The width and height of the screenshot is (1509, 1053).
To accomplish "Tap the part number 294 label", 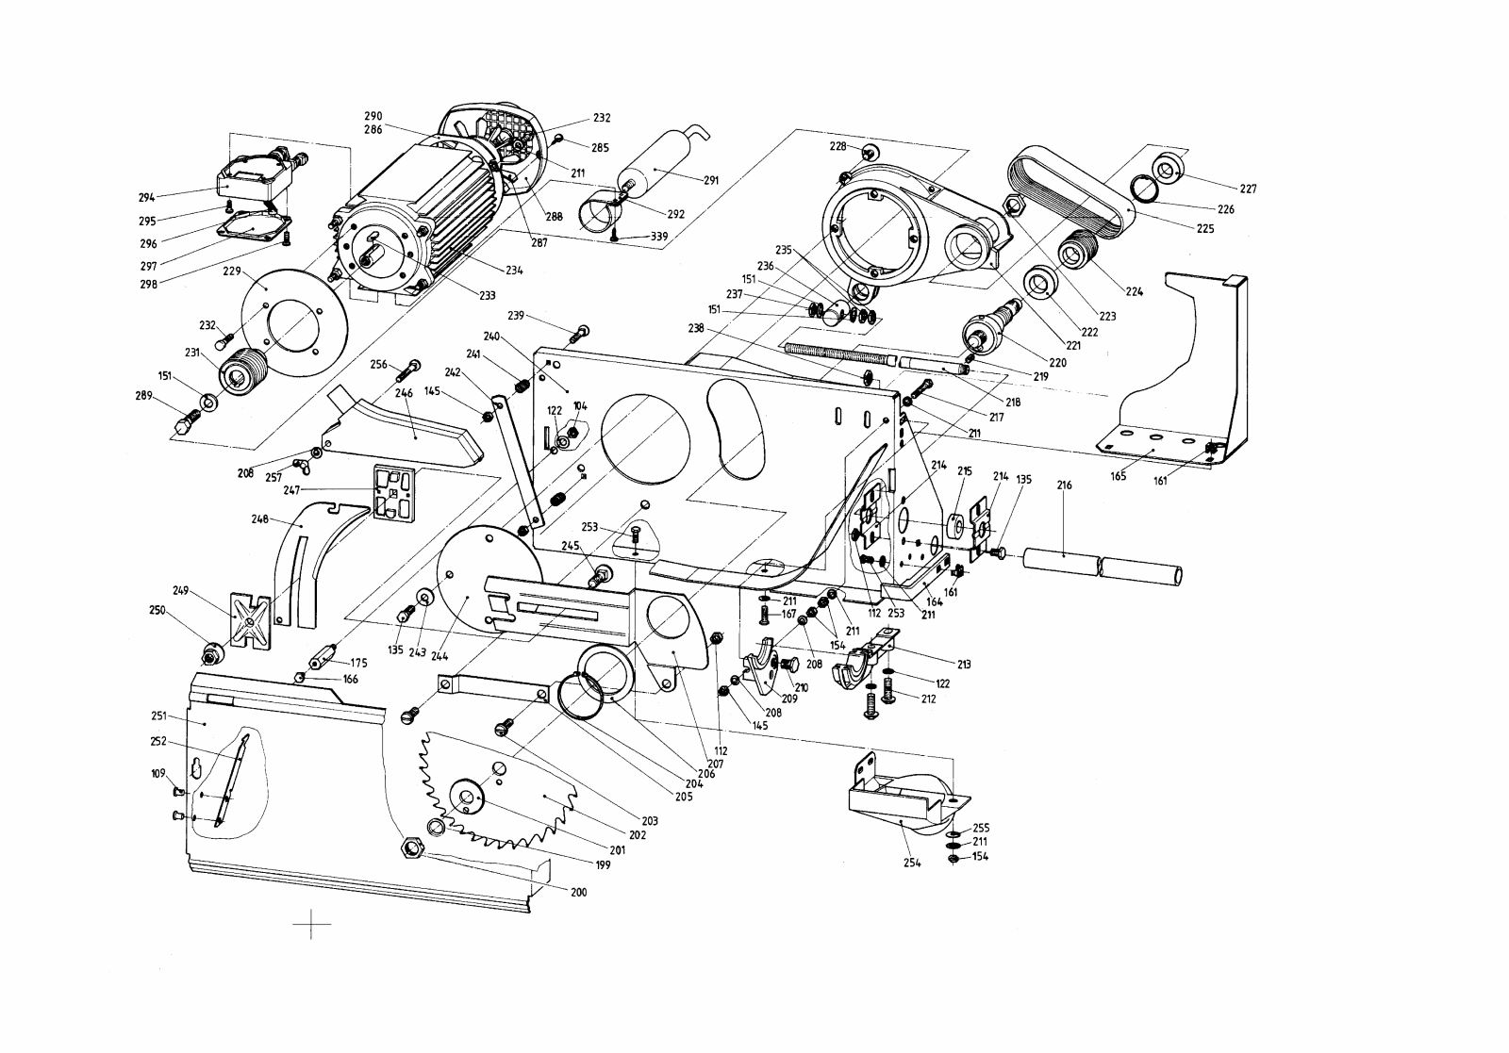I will pos(146,198).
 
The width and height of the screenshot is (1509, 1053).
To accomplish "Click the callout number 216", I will pos(1065,485).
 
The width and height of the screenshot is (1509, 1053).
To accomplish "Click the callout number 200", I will pos(578,892).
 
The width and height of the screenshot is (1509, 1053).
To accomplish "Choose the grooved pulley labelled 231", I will pos(243,372).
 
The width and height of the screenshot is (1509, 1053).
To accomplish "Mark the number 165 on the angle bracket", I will pos(1118,476).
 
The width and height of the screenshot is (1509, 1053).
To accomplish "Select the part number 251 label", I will pos(158,717).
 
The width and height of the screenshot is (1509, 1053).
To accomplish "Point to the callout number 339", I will pos(660,236).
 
